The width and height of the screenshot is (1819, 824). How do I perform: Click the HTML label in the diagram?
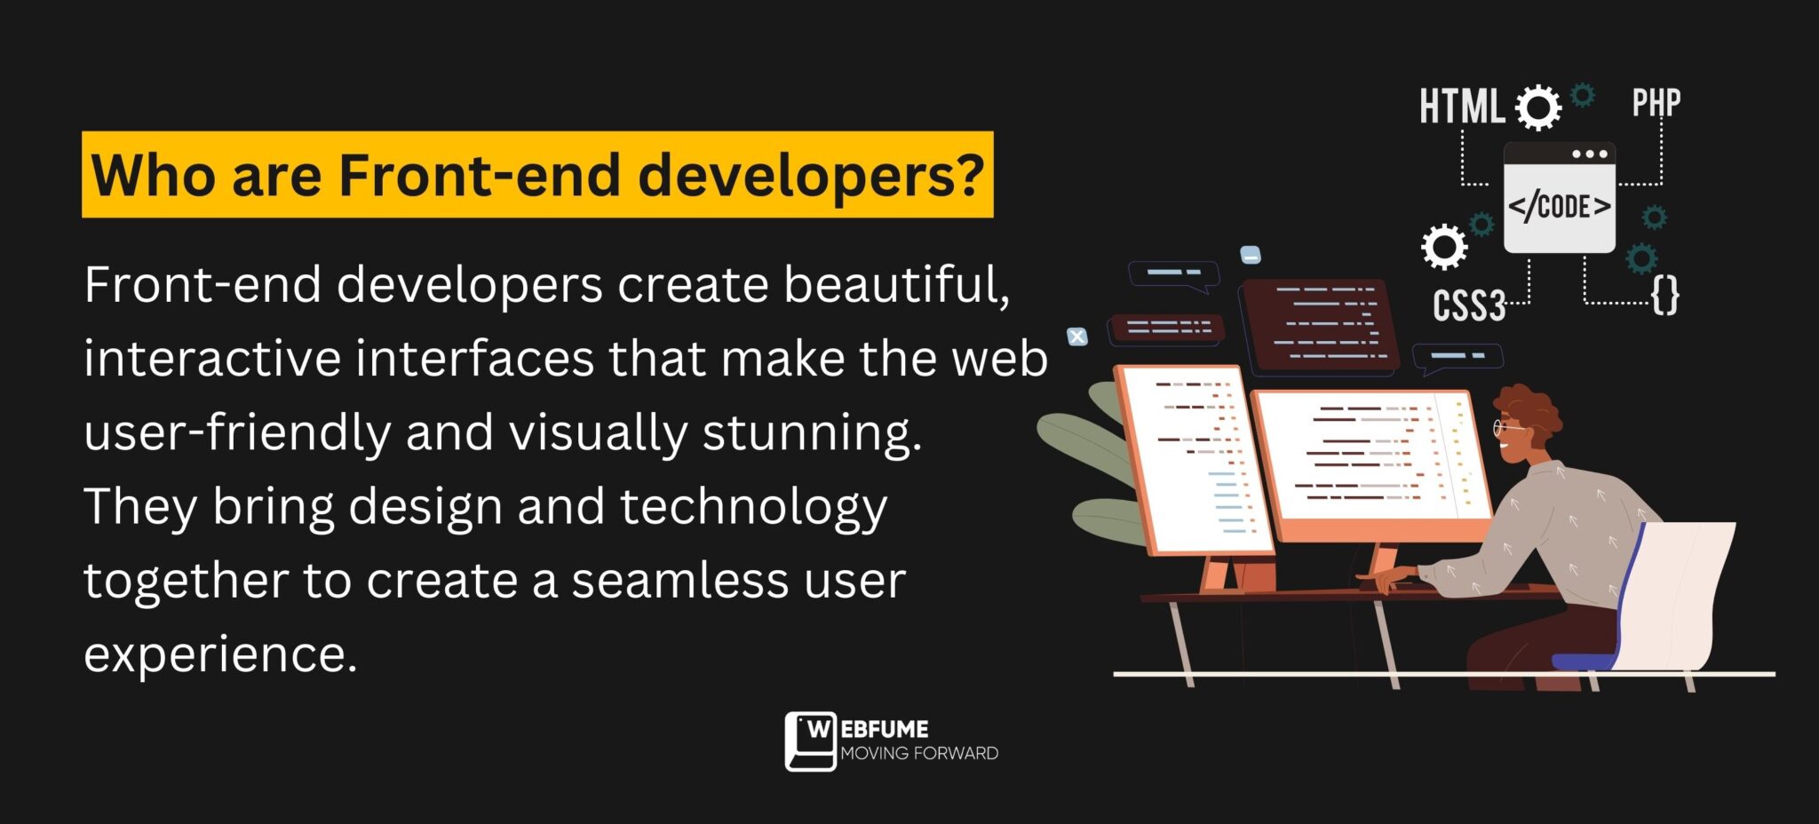tap(1461, 107)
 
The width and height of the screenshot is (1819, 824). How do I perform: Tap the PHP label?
tap(1656, 103)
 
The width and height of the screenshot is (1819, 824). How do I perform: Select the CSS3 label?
tap(1469, 306)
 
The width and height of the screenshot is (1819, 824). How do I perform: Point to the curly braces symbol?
tap(1665, 295)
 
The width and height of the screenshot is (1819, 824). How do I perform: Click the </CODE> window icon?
tap(1560, 197)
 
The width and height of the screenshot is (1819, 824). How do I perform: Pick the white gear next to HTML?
tap(1538, 107)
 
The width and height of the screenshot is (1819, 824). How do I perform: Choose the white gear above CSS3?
tap(1444, 246)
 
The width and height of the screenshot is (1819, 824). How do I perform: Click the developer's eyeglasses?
tap(1506, 429)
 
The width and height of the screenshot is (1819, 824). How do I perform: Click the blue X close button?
tap(1077, 337)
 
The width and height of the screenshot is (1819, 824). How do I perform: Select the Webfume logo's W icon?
tap(810, 741)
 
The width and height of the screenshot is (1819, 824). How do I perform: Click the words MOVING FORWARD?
tap(919, 753)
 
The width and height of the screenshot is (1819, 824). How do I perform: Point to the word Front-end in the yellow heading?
tap(479, 175)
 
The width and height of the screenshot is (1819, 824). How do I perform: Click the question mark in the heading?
tap(971, 174)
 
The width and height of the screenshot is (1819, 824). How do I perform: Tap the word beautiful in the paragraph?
tap(896, 286)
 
